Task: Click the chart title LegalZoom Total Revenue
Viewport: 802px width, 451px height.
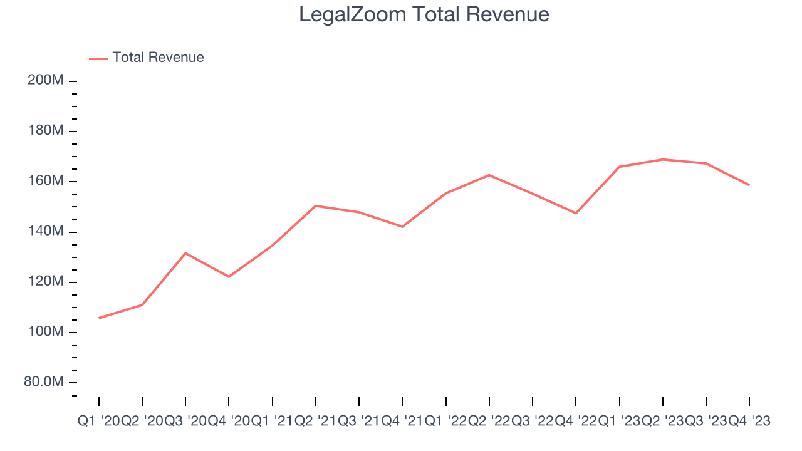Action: (424, 14)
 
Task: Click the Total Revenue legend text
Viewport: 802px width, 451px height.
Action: (158, 58)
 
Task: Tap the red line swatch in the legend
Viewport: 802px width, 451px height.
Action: (98, 58)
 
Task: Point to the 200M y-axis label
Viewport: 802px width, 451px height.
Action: (46, 81)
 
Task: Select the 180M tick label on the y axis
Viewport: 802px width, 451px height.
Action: (46, 131)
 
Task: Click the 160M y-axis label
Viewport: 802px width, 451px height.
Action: (46, 181)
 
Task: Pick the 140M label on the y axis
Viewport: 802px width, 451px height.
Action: (46, 232)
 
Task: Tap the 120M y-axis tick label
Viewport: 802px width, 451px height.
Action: (46, 282)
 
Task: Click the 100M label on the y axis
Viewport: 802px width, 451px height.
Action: (46, 332)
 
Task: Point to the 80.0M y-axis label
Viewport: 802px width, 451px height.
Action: (44, 382)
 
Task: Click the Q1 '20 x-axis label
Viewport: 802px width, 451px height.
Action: (98, 422)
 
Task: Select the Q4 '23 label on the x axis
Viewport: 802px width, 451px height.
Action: (749, 422)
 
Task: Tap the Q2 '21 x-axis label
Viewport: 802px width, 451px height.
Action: (315, 422)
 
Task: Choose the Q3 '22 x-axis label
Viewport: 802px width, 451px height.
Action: (532, 422)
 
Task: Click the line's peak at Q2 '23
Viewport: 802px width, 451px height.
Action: (662, 159)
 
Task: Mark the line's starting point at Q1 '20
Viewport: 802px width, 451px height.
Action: (99, 318)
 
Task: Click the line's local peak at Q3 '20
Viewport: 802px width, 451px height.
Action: (185, 253)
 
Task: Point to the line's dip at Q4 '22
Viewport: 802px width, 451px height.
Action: (576, 213)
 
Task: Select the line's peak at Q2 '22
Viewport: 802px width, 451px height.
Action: (489, 175)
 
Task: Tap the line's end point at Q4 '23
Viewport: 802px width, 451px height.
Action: (749, 185)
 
